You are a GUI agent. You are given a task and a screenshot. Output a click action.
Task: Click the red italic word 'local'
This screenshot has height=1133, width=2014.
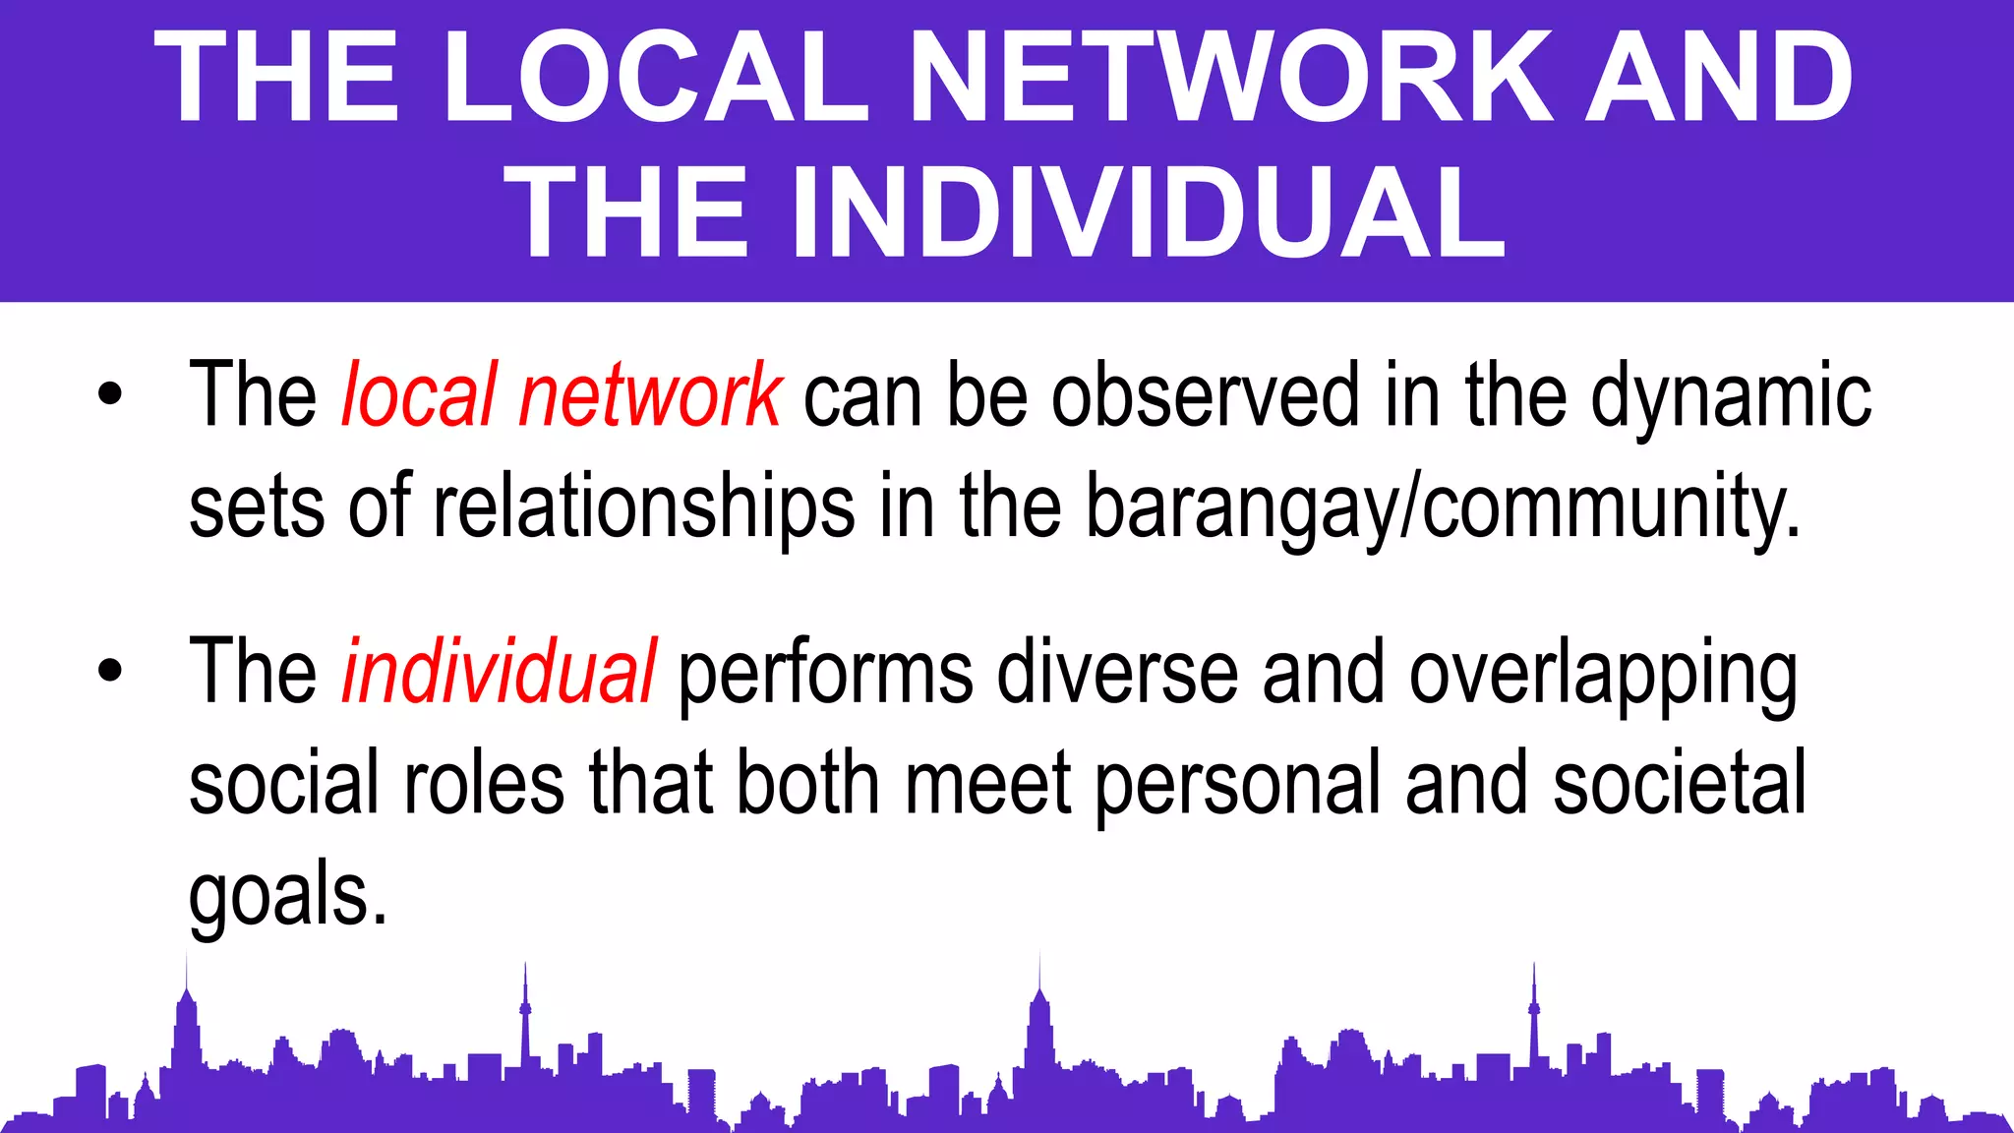418,395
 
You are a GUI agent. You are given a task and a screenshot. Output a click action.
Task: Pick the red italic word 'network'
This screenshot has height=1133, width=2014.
650,395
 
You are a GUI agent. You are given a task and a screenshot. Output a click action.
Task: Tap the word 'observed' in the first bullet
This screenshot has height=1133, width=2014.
1206,395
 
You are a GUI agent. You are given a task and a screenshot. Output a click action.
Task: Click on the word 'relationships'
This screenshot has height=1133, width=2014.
644,507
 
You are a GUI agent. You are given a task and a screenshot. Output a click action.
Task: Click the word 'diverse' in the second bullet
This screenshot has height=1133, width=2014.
1117,673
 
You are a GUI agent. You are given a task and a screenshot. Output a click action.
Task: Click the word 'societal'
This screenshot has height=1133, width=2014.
1680,783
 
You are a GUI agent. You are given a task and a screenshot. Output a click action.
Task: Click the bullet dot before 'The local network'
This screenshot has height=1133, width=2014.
110,395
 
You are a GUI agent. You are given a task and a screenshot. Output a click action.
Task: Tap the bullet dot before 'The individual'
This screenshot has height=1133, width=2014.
110,672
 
